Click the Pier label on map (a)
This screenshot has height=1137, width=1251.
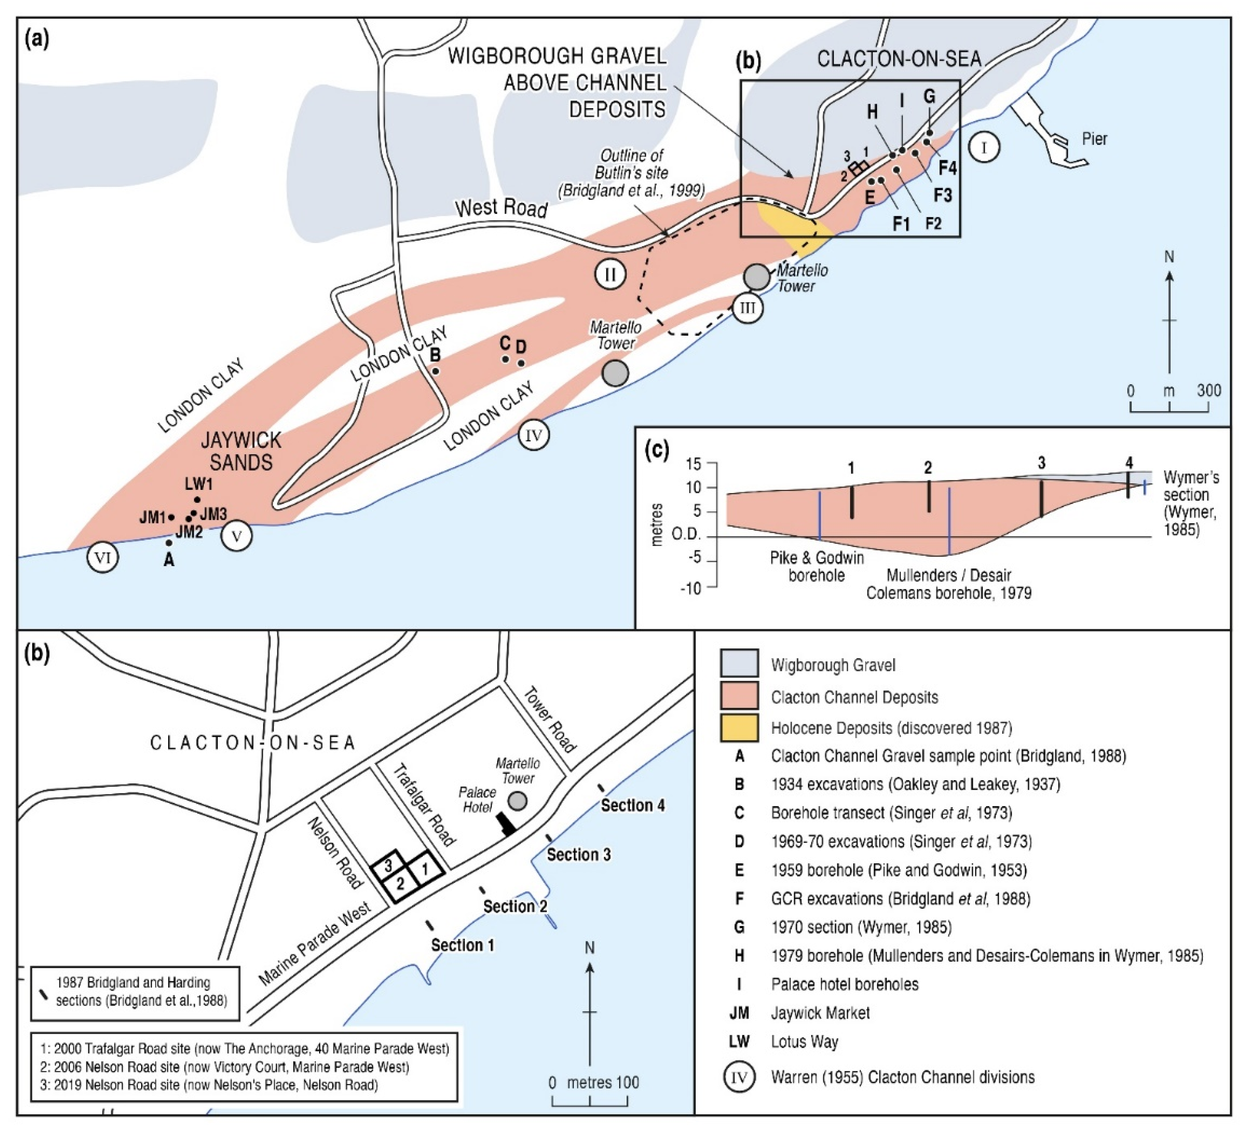point(1094,139)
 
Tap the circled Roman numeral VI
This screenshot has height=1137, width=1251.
point(103,558)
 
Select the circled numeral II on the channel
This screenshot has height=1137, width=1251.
point(610,274)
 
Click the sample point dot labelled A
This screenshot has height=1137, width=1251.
point(169,543)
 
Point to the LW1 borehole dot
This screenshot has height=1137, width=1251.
point(198,499)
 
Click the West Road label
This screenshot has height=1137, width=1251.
point(502,209)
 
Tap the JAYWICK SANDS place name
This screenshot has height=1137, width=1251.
point(241,452)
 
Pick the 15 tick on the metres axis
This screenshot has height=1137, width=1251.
point(694,464)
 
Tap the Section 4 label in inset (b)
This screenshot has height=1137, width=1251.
point(632,806)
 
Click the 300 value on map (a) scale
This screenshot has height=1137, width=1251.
point(1208,391)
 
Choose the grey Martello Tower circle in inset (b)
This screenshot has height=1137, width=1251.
point(517,801)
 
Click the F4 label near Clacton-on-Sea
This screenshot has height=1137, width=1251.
point(947,168)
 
